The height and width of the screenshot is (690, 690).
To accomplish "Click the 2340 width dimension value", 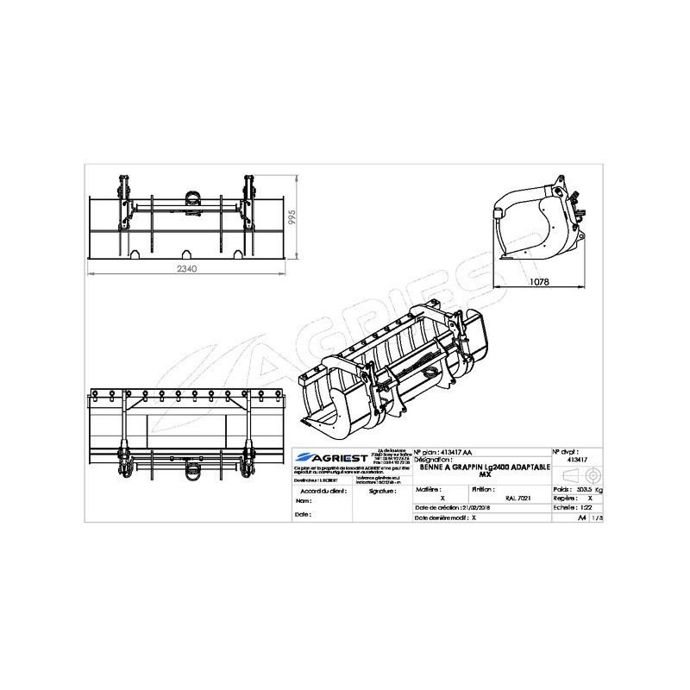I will [x=189, y=268].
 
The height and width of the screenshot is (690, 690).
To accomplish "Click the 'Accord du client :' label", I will [x=312, y=489].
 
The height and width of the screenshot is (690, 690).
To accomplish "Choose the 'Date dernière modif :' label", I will [x=441, y=519].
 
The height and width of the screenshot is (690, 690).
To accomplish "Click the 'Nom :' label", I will [x=302, y=500].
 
